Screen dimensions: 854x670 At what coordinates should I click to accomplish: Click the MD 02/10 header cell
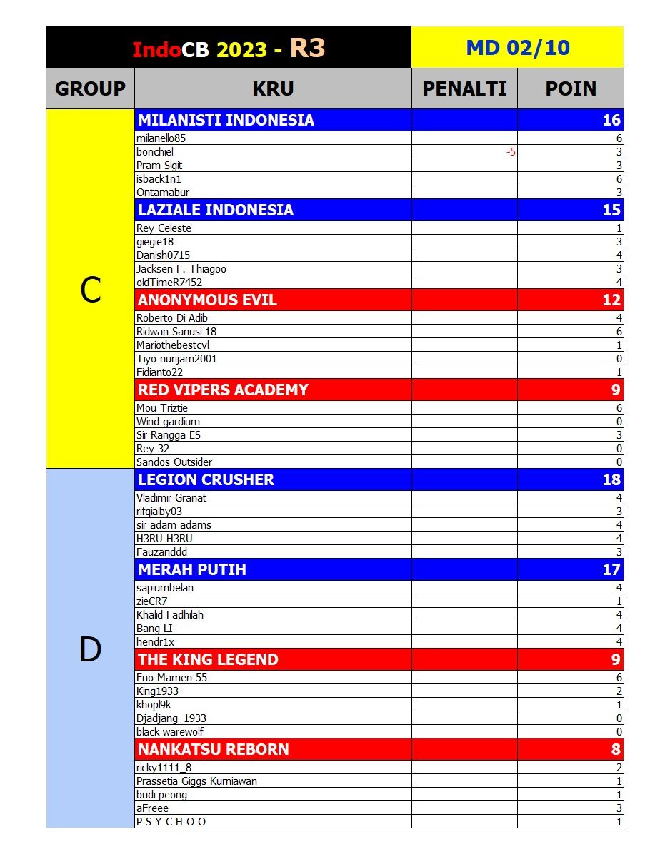[x=517, y=48]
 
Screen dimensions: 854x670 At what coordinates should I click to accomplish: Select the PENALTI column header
[x=464, y=88]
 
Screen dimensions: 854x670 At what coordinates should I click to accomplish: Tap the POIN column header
[x=570, y=88]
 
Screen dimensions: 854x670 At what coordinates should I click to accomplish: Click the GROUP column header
[x=90, y=88]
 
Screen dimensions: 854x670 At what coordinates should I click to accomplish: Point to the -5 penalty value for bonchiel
[x=510, y=152]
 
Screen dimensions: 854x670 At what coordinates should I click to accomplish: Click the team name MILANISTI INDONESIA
[x=226, y=120]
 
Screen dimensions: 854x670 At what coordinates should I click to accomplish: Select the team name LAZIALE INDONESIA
[x=216, y=210]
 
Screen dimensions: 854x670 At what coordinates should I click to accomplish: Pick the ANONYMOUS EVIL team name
[x=207, y=300]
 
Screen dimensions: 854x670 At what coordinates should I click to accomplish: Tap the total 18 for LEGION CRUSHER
[x=611, y=479]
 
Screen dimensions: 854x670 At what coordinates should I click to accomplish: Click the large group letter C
[x=90, y=290]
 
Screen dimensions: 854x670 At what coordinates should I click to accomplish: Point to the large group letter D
[x=90, y=649]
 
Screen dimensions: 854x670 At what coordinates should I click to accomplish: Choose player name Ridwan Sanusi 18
[x=176, y=332]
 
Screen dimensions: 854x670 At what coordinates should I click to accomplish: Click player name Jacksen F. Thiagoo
[x=181, y=269]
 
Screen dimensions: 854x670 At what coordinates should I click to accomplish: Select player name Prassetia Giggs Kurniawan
[x=196, y=781]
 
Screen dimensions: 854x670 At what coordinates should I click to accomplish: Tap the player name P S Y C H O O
[x=171, y=822]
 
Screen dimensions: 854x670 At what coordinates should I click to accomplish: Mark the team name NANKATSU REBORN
[x=214, y=749]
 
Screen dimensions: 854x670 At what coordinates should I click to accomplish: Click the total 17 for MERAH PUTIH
[x=611, y=569]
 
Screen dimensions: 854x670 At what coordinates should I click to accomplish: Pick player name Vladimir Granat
[x=171, y=498]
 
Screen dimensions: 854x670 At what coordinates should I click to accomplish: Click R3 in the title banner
[x=307, y=48]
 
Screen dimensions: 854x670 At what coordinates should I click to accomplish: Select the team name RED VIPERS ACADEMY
[x=223, y=390]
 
